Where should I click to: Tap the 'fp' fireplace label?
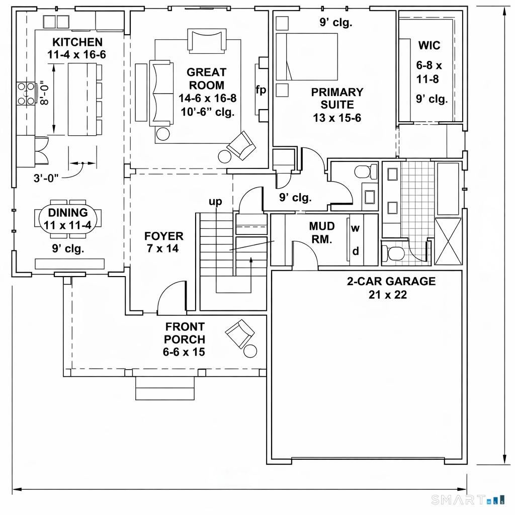[x=261, y=91]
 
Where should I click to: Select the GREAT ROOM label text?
[x=206, y=79]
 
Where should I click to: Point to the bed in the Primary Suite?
[x=306, y=56]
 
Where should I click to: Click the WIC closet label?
[x=429, y=46]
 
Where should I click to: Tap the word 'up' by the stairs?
[x=215, y=202]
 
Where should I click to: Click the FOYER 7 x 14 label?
[x=163, y=242]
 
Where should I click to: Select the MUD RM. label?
[x=321, y=233]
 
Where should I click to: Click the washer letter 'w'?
[x=355, y=228]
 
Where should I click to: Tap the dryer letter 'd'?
[x=355, y=251]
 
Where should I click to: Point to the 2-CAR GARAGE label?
[x=391, y=287]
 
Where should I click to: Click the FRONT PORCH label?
[x=184, y=339]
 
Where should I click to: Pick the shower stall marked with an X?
[x=447, y=241]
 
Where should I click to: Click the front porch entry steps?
[x=165, y=388]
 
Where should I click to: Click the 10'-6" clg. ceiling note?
[x=207, y=112]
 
